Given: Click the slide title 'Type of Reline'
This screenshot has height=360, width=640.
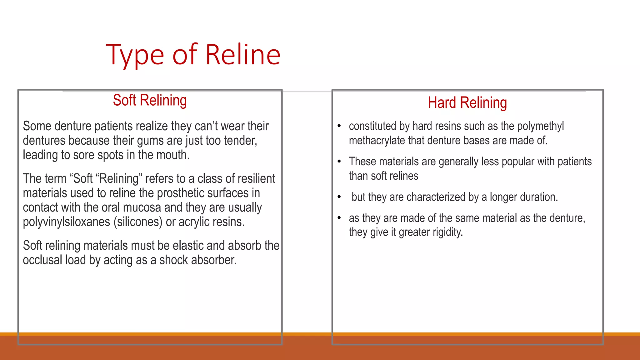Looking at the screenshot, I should click(193, 55).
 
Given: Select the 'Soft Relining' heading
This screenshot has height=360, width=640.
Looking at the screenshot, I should click(150, 100).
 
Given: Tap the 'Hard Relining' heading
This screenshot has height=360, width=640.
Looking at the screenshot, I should click(467, 103).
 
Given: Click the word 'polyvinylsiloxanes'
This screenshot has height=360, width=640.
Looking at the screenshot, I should click(66, 222).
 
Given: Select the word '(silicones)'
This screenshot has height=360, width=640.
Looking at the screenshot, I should click(138, 222).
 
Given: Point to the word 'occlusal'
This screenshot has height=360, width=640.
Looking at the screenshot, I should click(42, 260).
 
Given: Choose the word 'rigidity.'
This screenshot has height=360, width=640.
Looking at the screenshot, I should click(447, 232).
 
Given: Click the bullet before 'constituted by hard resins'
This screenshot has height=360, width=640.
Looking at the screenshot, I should click(339, 126).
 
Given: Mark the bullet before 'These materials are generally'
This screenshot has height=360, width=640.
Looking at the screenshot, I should click(339, 161).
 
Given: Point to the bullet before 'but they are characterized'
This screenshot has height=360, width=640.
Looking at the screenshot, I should click(339, 197).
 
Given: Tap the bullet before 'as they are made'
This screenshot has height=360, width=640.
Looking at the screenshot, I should click(339, 218).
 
